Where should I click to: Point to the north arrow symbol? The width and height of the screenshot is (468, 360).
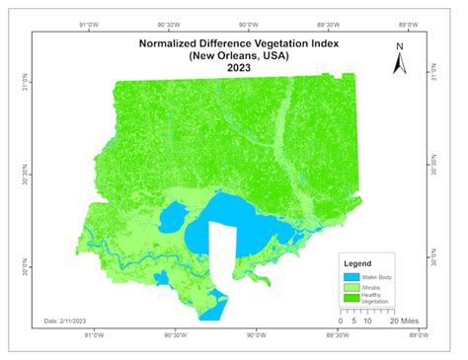[x=400, y=63]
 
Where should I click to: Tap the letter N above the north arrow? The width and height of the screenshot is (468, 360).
[x=400, y=45]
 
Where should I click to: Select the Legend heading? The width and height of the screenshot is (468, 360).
[x=356, y=264]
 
